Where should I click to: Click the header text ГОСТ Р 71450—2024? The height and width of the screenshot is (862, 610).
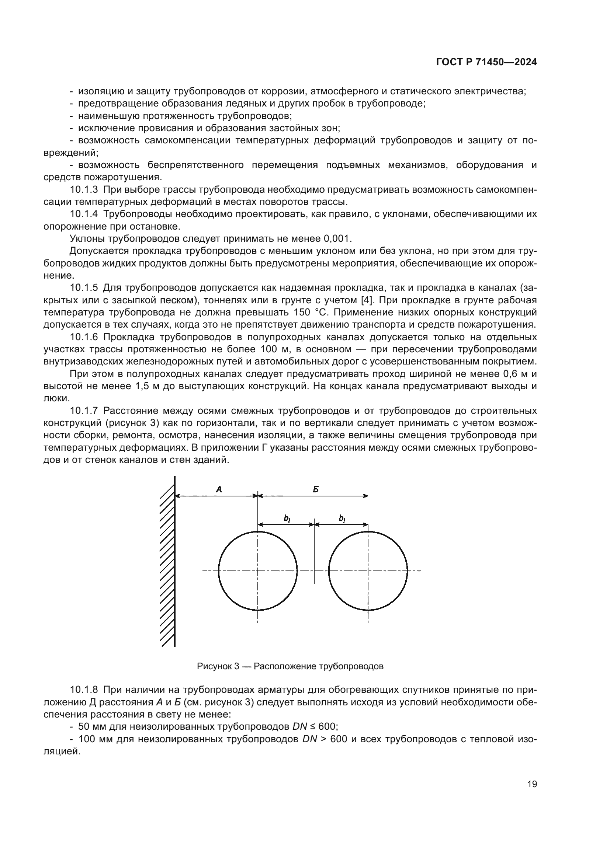[486, 62]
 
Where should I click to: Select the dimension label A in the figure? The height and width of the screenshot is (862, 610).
[219, 489]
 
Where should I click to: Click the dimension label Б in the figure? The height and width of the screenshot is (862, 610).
[316, 489]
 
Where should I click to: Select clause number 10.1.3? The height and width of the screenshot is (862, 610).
[84, 189]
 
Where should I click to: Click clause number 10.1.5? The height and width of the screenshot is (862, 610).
[84, 288]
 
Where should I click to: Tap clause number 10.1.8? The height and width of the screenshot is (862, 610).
[84, 690]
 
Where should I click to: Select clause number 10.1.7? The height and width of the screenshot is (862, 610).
[84, 411]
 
